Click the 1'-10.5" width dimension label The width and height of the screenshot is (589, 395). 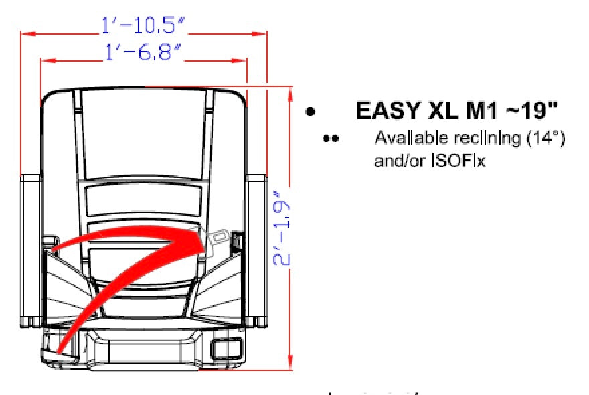pyautogui.click(x=143, y=26)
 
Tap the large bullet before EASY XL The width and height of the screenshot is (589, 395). pyautogui.click(x=310, y=112)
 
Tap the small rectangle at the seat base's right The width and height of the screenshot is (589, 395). pyautogui.click(x=226, y=349)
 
